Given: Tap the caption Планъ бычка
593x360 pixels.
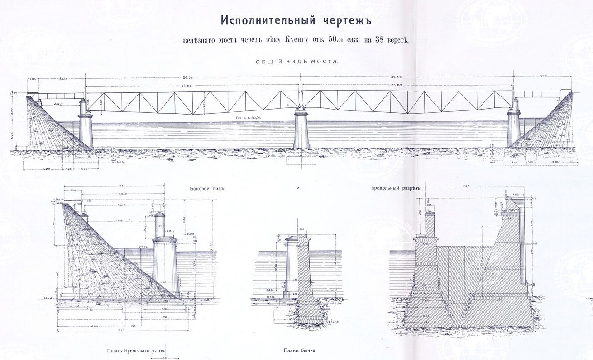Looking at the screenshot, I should click(x=297, y=350).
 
